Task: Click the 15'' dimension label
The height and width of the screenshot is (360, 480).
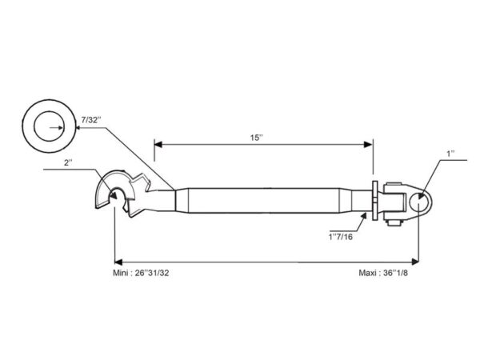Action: [x=257, y=138]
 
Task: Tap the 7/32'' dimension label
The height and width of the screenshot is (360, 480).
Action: [x=91, y=120]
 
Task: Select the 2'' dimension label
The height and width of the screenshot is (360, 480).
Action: [x=68, y=162]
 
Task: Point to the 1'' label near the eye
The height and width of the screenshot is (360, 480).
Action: [x=450, y=154]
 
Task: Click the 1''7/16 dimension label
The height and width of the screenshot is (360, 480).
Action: [x=341, y=237]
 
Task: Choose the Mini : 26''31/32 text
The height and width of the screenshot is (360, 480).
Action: [x=141, y=273]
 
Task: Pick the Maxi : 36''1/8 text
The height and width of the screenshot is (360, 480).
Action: [x=383, y=273]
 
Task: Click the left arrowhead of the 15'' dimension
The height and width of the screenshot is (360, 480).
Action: [x=158, y=145]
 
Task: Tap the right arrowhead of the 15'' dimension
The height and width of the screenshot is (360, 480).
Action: [x=368, y=145]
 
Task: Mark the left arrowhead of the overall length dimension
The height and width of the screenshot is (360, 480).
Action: [x=118, y=262]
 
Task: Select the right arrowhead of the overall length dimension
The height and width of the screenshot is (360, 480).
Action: [x=414, y=262]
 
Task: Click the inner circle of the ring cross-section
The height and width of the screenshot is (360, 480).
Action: [x=49, y=111]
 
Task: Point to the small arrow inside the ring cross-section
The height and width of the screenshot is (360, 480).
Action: [x=57, y=128]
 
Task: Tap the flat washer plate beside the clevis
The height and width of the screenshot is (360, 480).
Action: [x=374, y=201]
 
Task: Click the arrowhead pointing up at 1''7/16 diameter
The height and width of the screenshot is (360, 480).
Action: [x=364, y=216]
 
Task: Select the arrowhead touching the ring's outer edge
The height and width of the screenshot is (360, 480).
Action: [x=79, y=128]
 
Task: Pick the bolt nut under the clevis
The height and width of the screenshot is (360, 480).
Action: [x=394, y=222]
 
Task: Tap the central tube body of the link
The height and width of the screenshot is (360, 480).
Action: [x=264, y=201]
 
